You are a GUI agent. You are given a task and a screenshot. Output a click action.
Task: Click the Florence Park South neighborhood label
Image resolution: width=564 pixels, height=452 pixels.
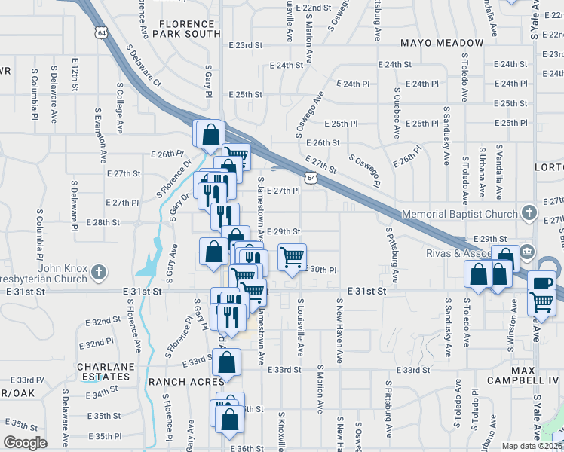tap(185, 29)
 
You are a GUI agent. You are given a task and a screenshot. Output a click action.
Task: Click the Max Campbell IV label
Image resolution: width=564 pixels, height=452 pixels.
tap(523, 377)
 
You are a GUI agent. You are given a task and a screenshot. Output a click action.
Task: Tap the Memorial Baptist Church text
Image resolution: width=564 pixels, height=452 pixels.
tap(460, 215)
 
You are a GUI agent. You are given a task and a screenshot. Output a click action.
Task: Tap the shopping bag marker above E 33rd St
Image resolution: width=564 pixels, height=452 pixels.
tap(226, 362)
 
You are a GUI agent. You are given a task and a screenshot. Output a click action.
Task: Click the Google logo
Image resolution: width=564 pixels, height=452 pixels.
tap(25, 443)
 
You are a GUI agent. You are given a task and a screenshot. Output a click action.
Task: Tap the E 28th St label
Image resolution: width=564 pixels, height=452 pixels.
tap(103, 222)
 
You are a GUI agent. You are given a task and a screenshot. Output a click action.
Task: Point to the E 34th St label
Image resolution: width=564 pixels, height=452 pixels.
tap(103, 392)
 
